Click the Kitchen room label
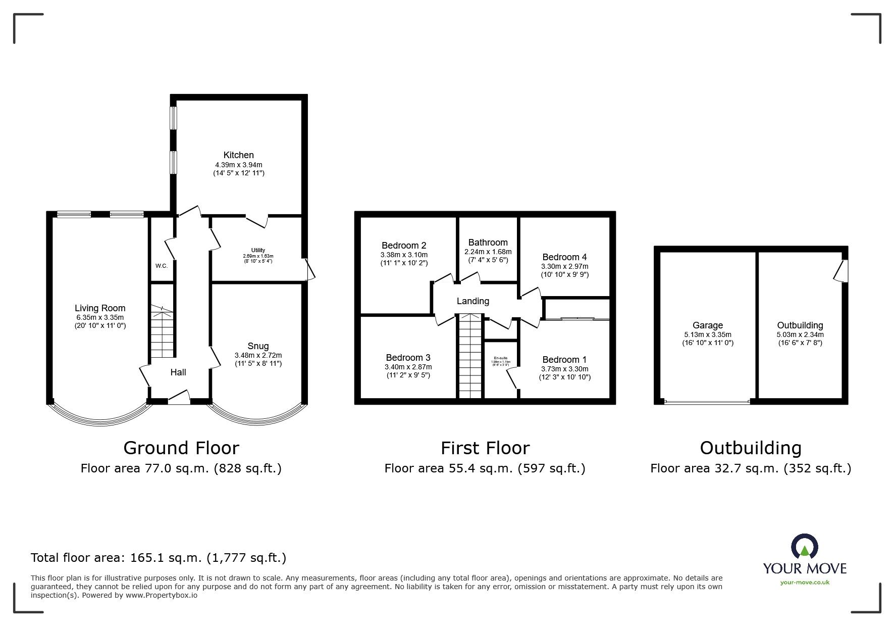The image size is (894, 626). coord(238,155)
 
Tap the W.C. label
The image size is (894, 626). coord(162,266)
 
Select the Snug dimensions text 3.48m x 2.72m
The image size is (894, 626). coord(258,355)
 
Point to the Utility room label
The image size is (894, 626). coord(258,250)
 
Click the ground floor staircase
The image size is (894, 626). coord(163,331)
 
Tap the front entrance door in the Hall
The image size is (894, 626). coord(178,399)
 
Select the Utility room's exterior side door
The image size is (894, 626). coord(309,269)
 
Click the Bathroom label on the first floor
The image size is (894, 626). coord(488,243)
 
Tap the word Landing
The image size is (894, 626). coord(472,301)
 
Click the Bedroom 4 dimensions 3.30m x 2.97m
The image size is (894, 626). coord(564,266)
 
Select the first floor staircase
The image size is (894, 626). coord(470,356)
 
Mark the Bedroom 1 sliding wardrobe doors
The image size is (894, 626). coord(577,318)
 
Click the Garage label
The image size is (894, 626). coord(707,326)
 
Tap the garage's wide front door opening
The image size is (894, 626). coord(707,402)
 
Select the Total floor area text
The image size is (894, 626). coord(159,558)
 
